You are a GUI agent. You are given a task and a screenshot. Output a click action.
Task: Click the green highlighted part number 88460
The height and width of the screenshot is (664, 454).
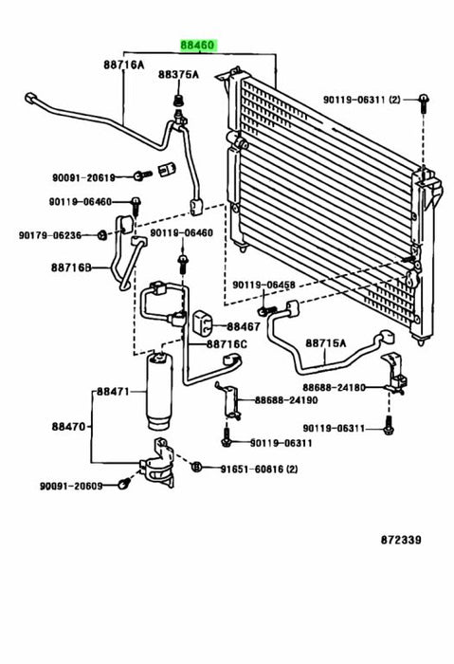point(199,45)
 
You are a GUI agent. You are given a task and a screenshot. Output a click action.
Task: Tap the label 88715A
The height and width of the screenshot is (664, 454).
point(325,343)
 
